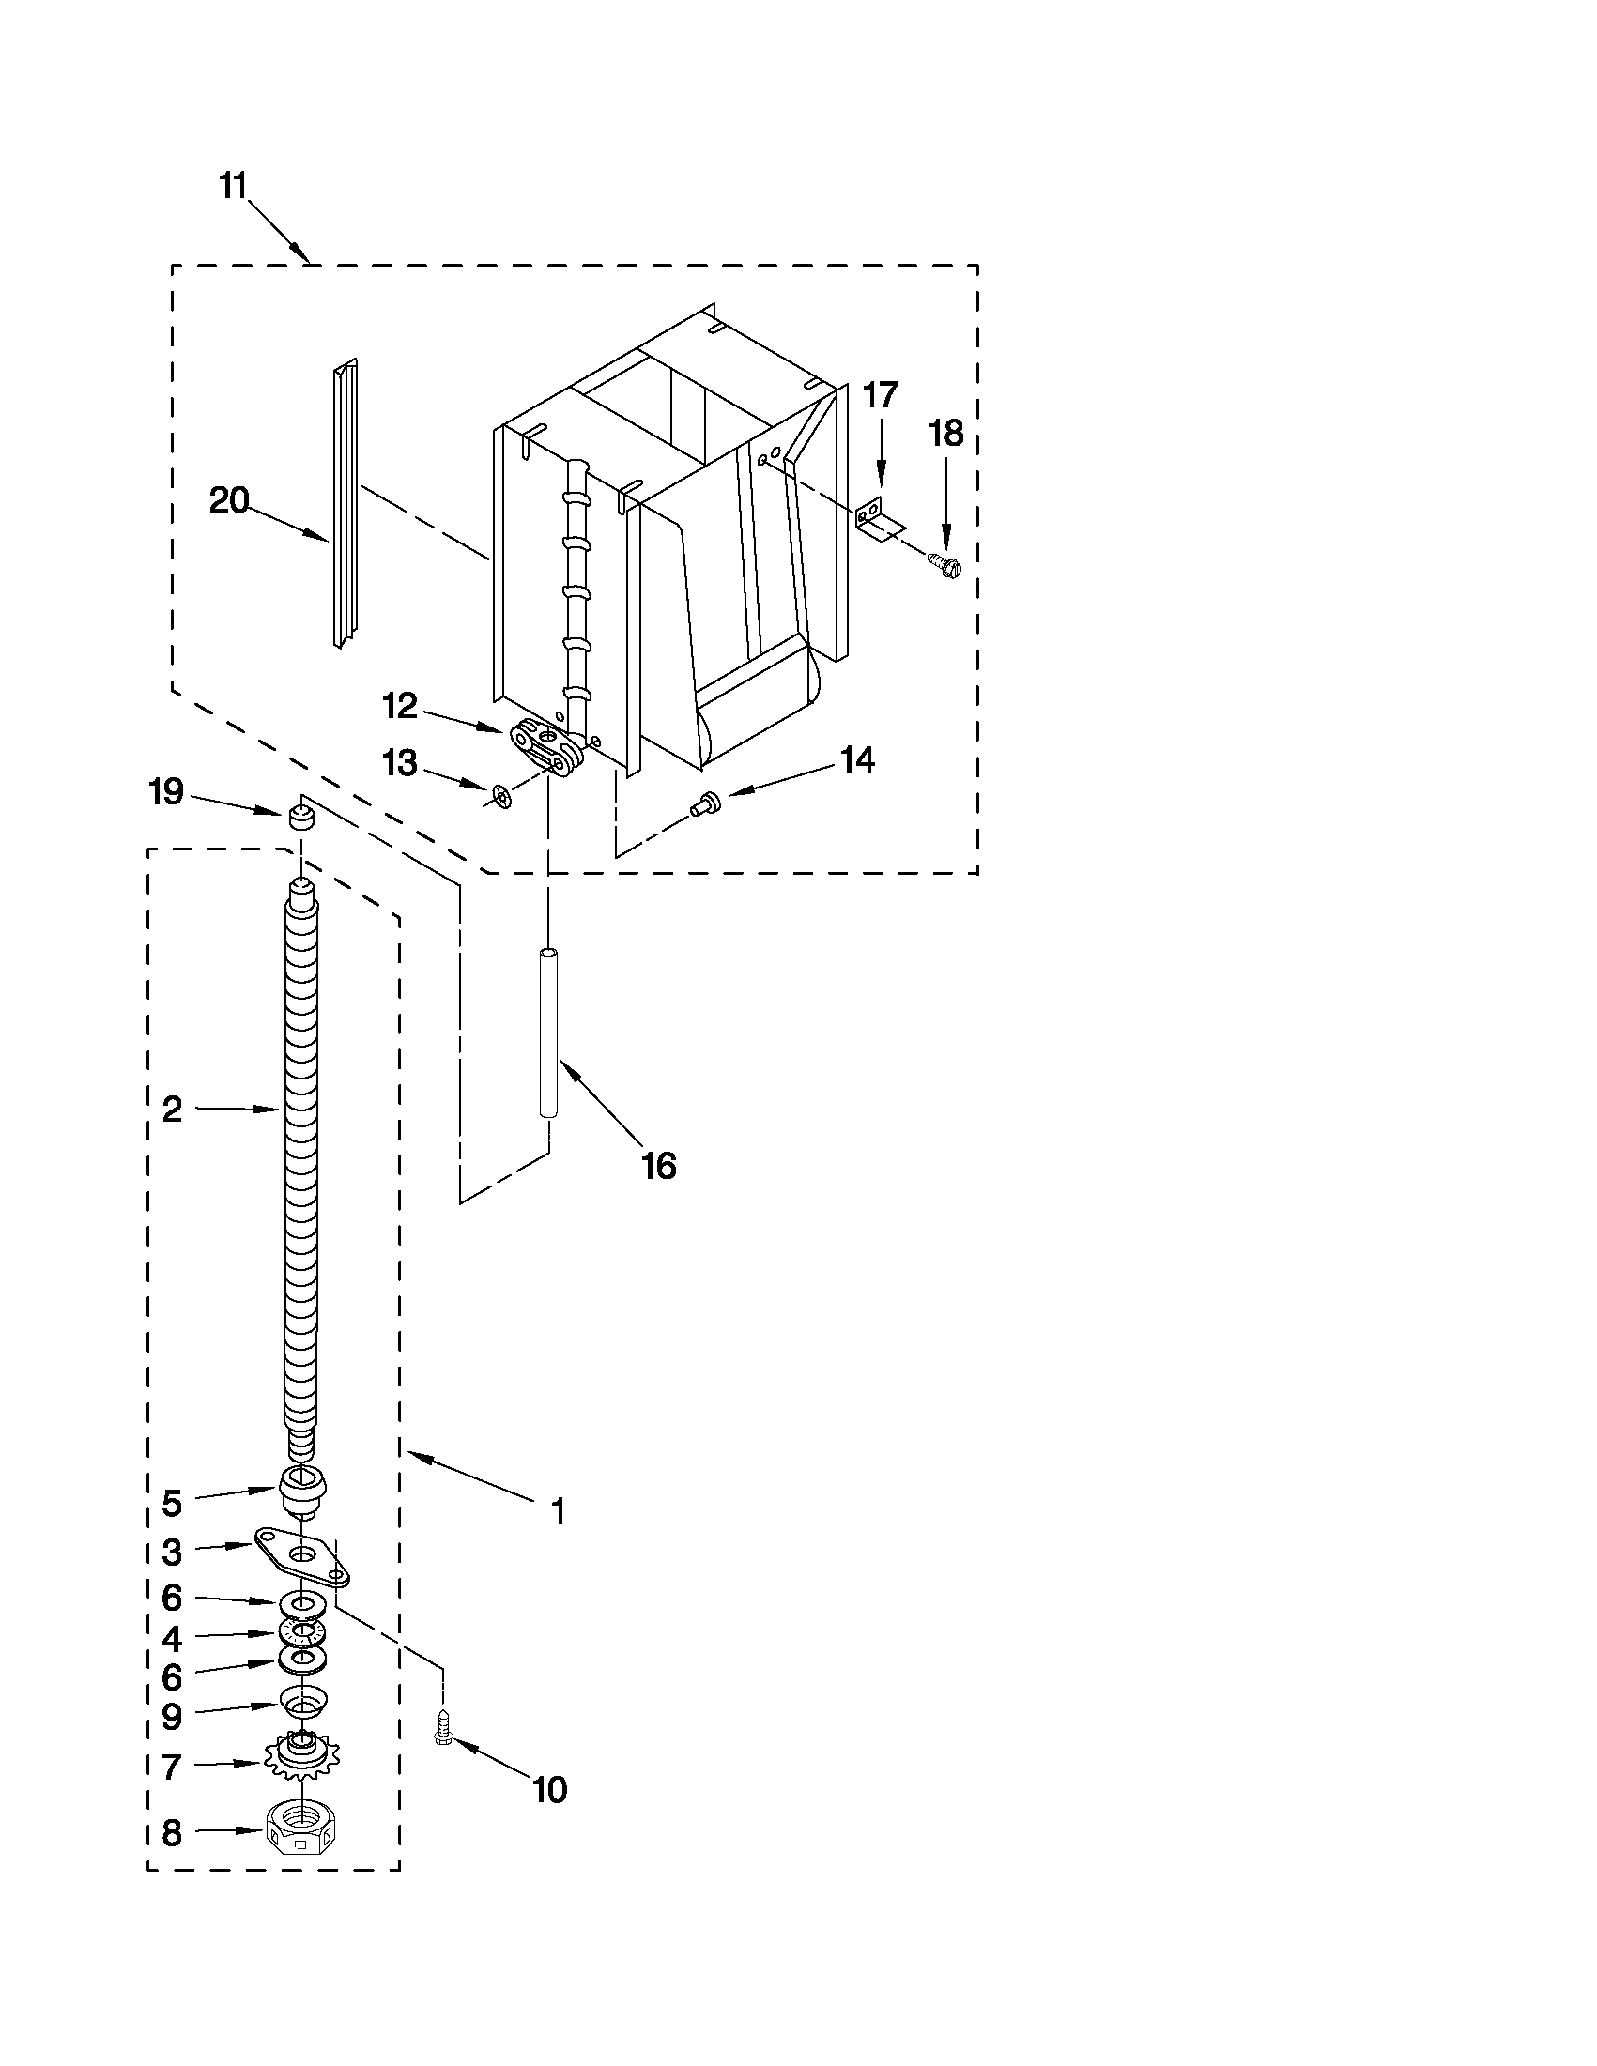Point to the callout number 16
(658, 1166)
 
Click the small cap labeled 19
(300, 815)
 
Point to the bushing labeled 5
(302, 1491)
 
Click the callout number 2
(171, 1109)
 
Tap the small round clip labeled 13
(501, 797)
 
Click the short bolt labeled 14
(706, 803)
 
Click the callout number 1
(559, 1511)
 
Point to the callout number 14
(857, 759)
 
